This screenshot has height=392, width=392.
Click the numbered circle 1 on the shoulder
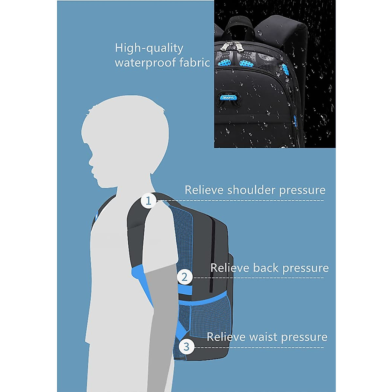149,201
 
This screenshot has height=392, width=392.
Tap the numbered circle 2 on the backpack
185,277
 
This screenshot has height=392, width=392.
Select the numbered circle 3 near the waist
186,346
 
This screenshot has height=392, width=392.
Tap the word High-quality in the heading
149,48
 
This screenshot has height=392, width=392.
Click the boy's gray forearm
159,314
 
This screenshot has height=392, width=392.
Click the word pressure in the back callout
305,269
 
